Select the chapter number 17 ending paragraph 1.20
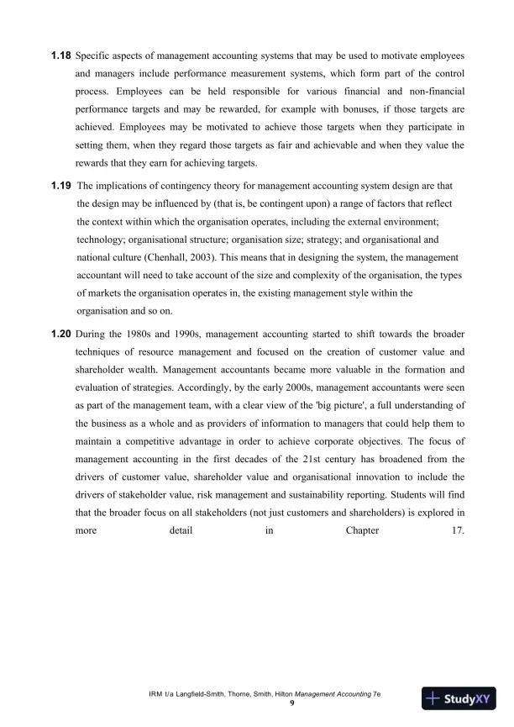pos(458,530)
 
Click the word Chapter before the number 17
pos(362,530)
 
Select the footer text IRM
pos(155,694)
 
